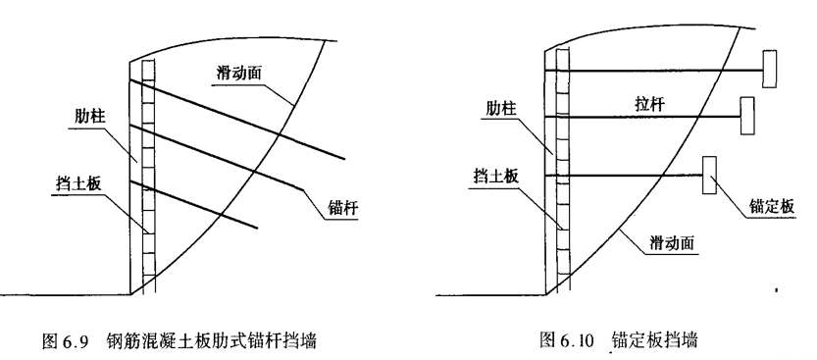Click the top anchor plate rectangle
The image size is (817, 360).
(x=772, y=69)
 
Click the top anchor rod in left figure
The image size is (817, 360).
(x=245, y=119)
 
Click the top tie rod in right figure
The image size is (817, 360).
(x=657, y=70)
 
